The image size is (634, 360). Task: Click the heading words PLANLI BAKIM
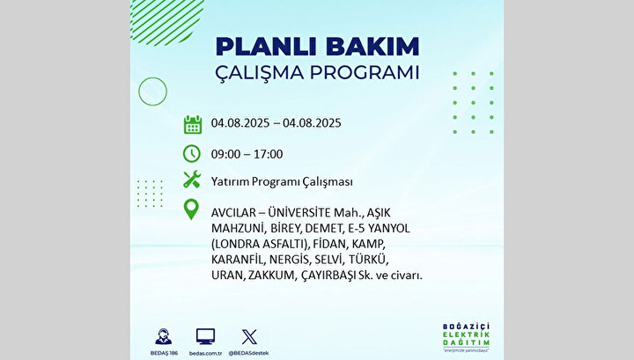317,47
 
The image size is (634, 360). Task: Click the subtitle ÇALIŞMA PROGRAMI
317,73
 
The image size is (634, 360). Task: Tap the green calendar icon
193,124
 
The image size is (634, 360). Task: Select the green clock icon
192,154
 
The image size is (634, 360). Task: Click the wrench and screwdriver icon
192,180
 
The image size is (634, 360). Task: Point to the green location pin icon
191,209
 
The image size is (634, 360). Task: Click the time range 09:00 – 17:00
247,154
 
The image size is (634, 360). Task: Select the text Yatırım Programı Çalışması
282,182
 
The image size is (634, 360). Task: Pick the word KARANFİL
237,259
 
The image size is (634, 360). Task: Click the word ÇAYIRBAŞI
329,276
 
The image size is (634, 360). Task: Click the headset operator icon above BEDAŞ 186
164,336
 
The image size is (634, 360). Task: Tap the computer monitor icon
205,336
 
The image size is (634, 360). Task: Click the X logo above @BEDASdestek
249,337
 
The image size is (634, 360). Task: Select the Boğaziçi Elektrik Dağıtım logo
466,337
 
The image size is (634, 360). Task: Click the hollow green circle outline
153,77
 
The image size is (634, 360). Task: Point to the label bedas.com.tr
205,353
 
